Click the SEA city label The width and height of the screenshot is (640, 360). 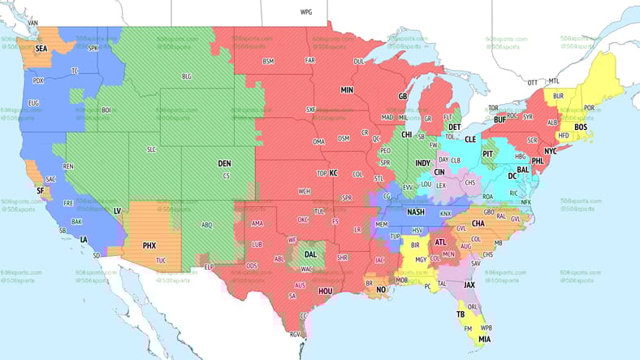41,49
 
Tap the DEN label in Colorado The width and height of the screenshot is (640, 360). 224,163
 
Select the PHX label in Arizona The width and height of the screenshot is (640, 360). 149,245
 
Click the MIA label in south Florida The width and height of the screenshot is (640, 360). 484,339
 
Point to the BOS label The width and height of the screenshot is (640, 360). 580,128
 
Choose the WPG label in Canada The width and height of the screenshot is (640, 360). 305,13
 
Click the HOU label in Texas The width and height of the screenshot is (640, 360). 326,290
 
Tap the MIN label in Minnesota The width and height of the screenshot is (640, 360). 347,89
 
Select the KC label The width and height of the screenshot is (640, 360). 332,172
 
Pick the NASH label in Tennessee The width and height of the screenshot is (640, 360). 416,212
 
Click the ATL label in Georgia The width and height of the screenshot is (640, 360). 441,241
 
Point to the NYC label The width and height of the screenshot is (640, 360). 551,151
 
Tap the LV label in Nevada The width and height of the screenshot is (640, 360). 117,210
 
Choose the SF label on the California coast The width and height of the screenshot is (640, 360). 40,191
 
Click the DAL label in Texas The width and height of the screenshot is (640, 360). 310,254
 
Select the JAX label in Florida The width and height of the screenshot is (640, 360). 469,285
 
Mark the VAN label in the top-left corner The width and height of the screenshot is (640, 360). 33,22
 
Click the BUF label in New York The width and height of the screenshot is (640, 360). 499,119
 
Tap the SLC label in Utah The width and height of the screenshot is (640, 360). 151,150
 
